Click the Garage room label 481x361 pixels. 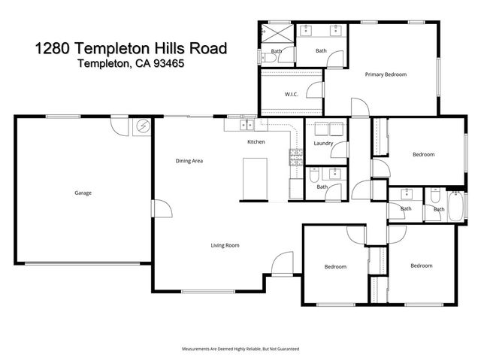coord(83,193)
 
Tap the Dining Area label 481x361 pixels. coord(189,161)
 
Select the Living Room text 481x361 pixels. coord(224,245)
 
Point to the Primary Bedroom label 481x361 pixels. coord(386,74)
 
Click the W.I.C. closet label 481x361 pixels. coord(292,94)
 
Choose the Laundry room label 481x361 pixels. coord(323,143)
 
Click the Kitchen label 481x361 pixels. coord(256,142)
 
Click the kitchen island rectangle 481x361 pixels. coord(253,180)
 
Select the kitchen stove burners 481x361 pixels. coord(295,158)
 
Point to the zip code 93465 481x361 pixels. coord(165,65)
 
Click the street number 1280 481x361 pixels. coord(55,49)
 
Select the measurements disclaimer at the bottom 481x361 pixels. coord(240,349)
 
